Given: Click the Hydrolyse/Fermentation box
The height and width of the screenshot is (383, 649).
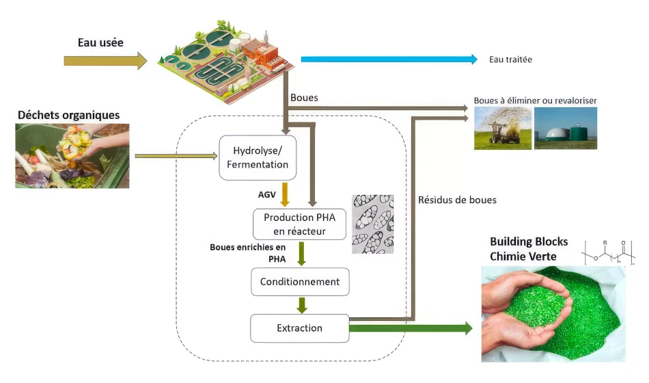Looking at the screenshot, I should [253, 158].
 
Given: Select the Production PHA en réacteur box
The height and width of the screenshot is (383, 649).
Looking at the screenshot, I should [300, 223].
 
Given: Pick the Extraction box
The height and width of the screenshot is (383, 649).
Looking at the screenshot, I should [299, 328].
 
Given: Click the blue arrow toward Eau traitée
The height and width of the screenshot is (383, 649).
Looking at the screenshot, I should [389, 60].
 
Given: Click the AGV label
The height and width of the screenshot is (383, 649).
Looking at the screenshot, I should [266, 195].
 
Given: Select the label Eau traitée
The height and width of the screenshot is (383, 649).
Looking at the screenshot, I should [510, 60].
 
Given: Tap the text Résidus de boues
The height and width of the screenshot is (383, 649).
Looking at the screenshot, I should [456, 200].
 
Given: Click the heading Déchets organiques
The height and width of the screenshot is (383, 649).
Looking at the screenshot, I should [69, 115].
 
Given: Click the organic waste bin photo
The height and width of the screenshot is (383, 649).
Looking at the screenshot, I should [72, 156].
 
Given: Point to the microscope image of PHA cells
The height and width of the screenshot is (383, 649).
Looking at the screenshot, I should [373, 224].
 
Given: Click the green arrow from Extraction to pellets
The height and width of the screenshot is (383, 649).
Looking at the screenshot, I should [410, 329].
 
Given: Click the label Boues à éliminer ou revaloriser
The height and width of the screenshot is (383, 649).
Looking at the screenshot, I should [536, 101].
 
